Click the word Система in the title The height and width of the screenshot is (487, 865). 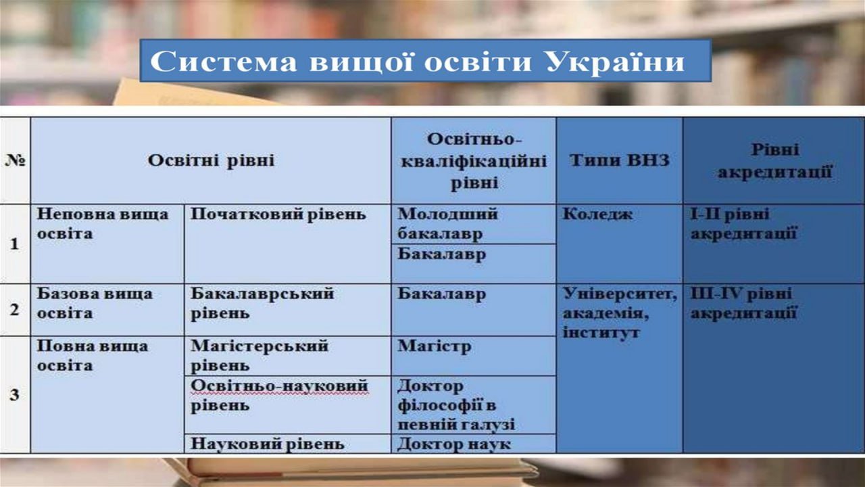tap(224, 62)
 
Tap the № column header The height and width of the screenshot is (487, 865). tap(15, 160)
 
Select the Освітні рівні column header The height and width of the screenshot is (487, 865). tap(211, 160)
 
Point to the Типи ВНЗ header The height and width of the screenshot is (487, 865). tap(620, 160)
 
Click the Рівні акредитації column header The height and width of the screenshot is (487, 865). tap(774, 161)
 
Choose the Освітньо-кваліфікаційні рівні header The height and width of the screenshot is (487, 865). tap(474, 161)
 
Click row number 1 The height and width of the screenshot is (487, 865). tap(15, 244)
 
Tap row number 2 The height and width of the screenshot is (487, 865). tap(15, 310)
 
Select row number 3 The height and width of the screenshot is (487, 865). tap(15, 394)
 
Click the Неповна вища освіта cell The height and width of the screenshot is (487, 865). tap(103, 224)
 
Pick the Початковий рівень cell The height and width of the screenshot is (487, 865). tap(278, 214)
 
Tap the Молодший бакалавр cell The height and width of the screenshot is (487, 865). tap(447, 224)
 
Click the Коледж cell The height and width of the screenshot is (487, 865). tap(597, 214)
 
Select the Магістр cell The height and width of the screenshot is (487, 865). tap(435, 346)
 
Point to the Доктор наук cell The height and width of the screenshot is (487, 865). tap(454, 444)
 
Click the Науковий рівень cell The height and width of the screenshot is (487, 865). tap(267, 444)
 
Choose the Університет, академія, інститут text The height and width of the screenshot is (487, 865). tap(620, 312)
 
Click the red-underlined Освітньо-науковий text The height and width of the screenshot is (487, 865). tap(279, 386)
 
